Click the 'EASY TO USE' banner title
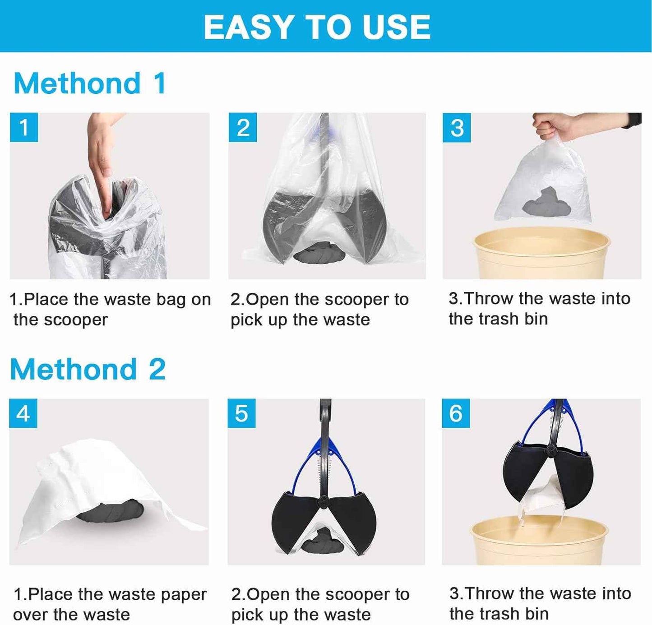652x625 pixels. coord(317,27)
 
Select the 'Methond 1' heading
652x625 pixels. coord(90,84)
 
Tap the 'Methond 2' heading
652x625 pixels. coord(88,370)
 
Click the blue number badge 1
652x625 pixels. coord(23,127)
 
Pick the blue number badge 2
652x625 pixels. coord(243,127)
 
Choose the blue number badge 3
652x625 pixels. coord(457,128)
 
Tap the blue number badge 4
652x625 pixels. coord(23,413)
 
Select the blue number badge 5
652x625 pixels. coord(241,413)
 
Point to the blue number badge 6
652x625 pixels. coord(456,413)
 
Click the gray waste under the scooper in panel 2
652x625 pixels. coord(319,253)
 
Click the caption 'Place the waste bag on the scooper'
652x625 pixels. coord(110,310)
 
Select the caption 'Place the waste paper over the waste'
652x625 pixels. coord(110,604)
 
